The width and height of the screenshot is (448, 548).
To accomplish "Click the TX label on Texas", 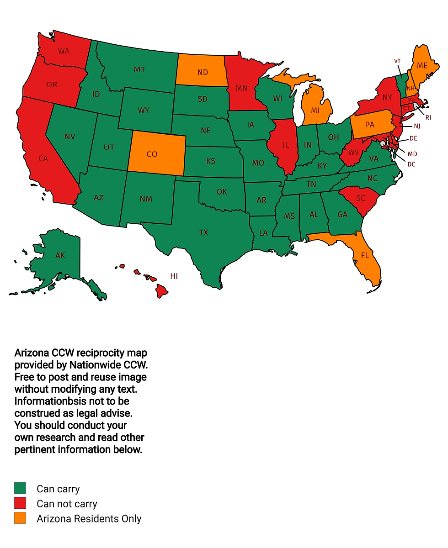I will point(203,233).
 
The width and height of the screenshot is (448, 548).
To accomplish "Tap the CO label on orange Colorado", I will point(152,154).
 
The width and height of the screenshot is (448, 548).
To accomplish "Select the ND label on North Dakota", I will point(203,73).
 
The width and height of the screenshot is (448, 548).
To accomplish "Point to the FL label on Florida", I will point(365,256).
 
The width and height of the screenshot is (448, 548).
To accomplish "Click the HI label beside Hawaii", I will point(174,276).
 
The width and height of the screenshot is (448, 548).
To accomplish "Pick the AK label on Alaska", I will point(60,256).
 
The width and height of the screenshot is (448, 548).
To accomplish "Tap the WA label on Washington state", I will point(64,51).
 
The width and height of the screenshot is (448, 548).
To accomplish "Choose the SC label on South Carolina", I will point(360,199).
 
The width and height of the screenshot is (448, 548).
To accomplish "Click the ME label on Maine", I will point(422,66).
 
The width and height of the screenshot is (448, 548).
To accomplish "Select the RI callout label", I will point(428,117).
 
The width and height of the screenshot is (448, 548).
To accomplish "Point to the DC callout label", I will point(411,164).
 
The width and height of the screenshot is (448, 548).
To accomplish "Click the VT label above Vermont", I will point(397,61).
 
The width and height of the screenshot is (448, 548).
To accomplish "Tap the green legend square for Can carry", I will point(20,488).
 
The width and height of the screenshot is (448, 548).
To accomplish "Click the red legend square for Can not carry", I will point(20,503).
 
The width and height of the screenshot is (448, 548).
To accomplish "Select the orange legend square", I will point(20,518).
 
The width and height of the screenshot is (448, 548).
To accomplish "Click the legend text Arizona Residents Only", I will point(89,519).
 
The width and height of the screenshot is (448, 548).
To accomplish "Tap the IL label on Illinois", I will point(286,145).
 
